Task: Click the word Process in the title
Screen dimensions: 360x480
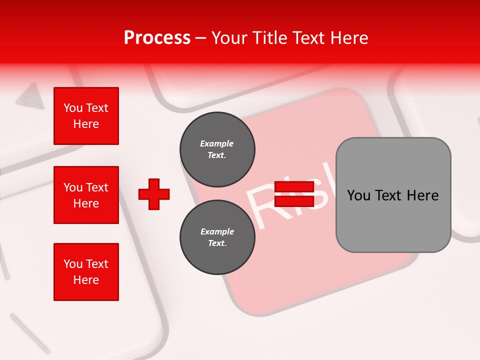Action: pyautogui.click(x=157, y=38)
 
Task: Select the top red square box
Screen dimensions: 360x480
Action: pyautogui.click(x=86, y=116)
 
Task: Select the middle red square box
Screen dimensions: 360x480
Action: pyautogui.click(x=86, y=195)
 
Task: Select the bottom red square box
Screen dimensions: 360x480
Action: pyautogui.click(x=86, y=272)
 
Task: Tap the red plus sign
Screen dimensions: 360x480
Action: pyautogui.click(x=154, y=194)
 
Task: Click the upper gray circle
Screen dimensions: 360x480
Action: pyautogui.click(x=217, y=149)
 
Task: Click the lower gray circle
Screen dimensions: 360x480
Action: pyautogui.click(x=217, y=237)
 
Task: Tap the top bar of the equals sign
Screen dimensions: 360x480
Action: pyautogui.click(x=294, y=187)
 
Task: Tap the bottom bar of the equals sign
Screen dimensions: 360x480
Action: pyautogui.click(x=294, y=201)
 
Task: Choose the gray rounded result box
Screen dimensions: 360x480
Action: pyautogui.click(x=393, y=194)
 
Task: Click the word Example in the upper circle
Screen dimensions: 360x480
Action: pyautogui.click(x=216, y=143)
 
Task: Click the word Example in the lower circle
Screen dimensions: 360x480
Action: pyautogui.click(x=217, y=231)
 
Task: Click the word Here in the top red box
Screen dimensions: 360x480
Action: pyautogui.click(x=86, y=124)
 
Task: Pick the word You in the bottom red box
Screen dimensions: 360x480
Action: pyautogui.click(x=73, y=264)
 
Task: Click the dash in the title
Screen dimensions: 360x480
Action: pyautogui.click(x=201, y=38)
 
